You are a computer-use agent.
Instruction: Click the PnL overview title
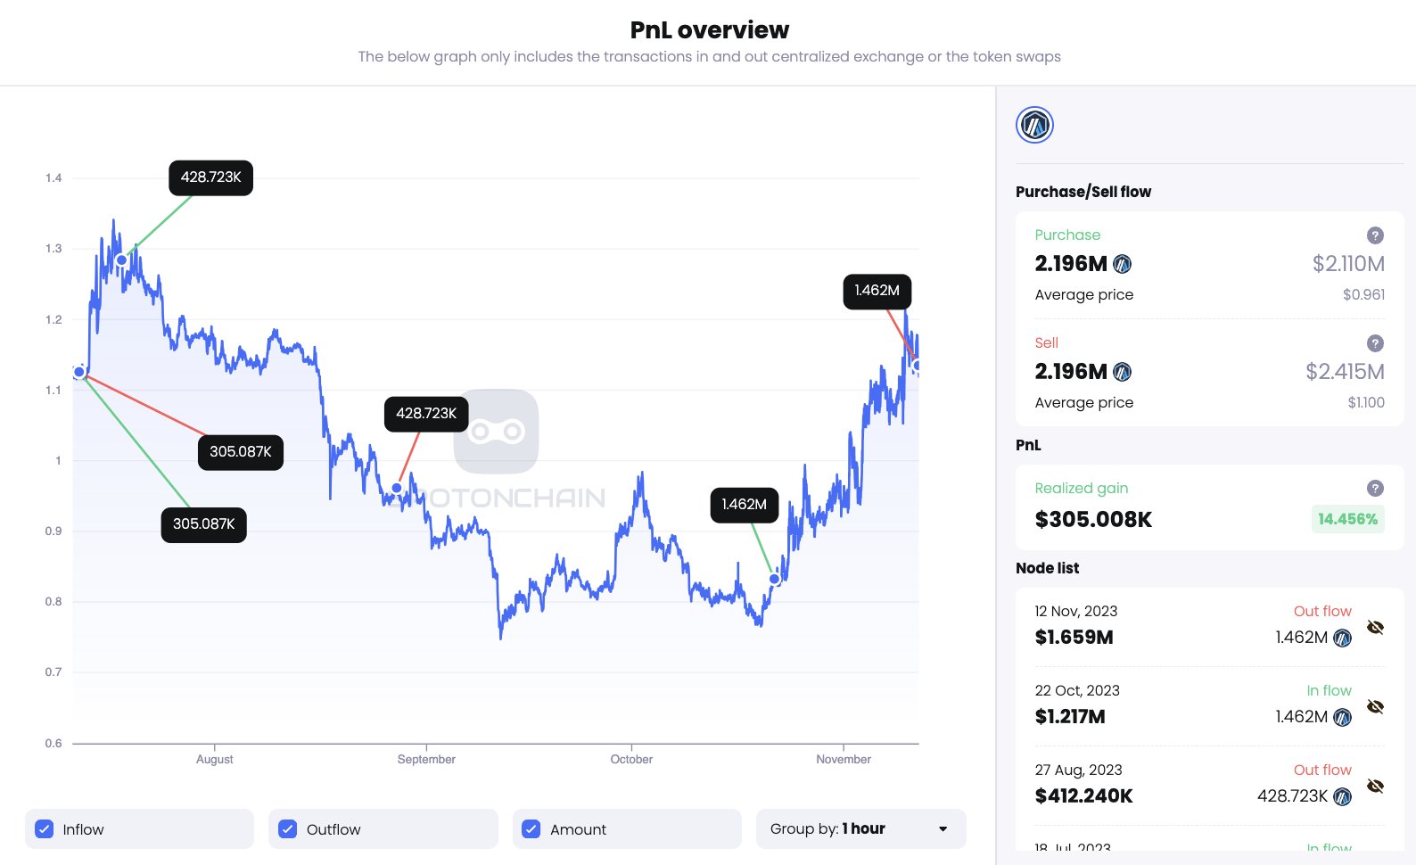pos(709,30)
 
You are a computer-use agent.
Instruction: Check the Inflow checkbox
pos(44,829)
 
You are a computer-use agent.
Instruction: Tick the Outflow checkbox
pos(287,829)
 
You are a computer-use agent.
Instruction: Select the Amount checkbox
pos(531,829)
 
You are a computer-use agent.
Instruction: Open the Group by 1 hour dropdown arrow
pos(943,829)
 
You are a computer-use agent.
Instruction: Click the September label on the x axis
pos(426,760)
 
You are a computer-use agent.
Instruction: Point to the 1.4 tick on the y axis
pos(54,178)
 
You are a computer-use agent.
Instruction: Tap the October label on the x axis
pos(631,760)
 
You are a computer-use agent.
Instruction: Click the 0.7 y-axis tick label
pos(54,672)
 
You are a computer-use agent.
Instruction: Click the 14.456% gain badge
pos(1347,519)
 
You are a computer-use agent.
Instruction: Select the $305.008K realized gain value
pos(1093,520)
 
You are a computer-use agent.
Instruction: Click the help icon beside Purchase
pos(1375,235)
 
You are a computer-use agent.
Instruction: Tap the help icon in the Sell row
pos(1375,343)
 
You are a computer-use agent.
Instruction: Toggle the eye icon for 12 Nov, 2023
pos(1375,627)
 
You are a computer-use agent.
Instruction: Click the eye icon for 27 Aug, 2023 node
pos(1375,786)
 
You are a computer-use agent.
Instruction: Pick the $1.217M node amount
pos(1070,717)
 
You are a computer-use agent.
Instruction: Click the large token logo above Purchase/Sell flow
pos(1034,125)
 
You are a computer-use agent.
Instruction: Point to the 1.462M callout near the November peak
pos(877,291)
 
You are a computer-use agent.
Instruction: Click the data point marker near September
pos(397,489)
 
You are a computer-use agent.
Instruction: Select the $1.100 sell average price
pos(1366,403)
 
